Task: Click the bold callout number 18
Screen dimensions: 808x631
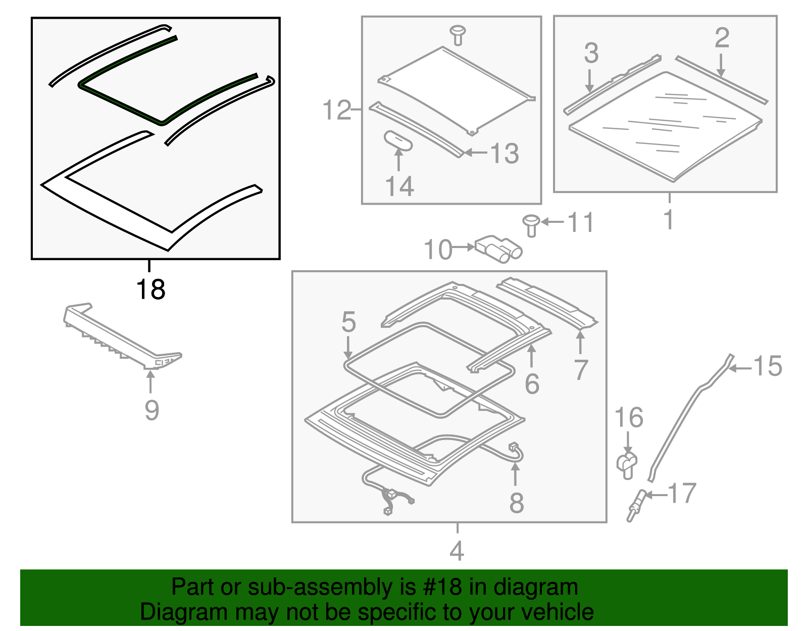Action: (150, 289)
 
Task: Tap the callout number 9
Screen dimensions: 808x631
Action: (151, 411)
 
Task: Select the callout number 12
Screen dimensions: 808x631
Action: (337, 110)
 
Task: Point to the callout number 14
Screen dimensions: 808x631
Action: (400, 186)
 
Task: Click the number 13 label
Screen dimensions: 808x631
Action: (504, 153)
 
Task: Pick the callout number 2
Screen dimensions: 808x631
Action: (722, 37)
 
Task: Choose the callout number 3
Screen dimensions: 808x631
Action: (591, 53)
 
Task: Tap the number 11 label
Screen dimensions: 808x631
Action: (580, 222)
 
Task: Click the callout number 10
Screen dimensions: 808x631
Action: (438, 250)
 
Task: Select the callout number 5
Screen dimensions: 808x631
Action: (348, 322)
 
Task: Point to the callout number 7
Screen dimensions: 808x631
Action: (581, 370)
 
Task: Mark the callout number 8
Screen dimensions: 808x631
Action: (517, 503)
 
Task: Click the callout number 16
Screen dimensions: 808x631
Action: (629, 417)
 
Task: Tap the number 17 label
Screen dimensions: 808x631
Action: (682, 493)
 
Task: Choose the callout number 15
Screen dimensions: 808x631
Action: (768, 366)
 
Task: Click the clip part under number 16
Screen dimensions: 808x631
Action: (627, 465)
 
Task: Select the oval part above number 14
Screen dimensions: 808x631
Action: (398, 141)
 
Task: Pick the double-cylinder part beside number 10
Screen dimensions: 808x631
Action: (499, 249)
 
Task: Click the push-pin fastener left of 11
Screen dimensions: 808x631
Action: (531, 225)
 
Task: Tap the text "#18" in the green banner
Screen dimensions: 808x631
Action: (442, 587)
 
